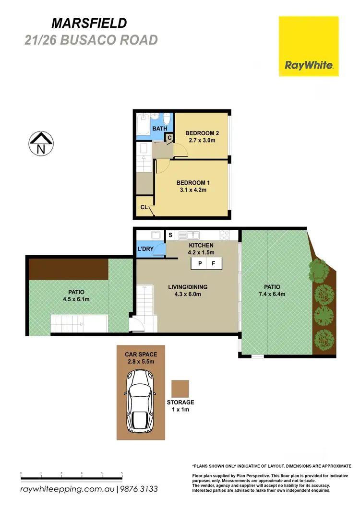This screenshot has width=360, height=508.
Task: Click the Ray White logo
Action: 309,46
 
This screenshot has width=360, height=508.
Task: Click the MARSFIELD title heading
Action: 89,23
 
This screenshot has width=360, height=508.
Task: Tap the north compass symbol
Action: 41,143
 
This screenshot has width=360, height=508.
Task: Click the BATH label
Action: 160,129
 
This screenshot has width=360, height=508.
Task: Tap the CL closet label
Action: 144,208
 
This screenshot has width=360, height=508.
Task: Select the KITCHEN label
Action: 201,245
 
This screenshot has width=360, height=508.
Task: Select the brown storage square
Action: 180,389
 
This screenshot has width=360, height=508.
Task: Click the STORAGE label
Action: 180,402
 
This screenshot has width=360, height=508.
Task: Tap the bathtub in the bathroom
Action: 142,125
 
